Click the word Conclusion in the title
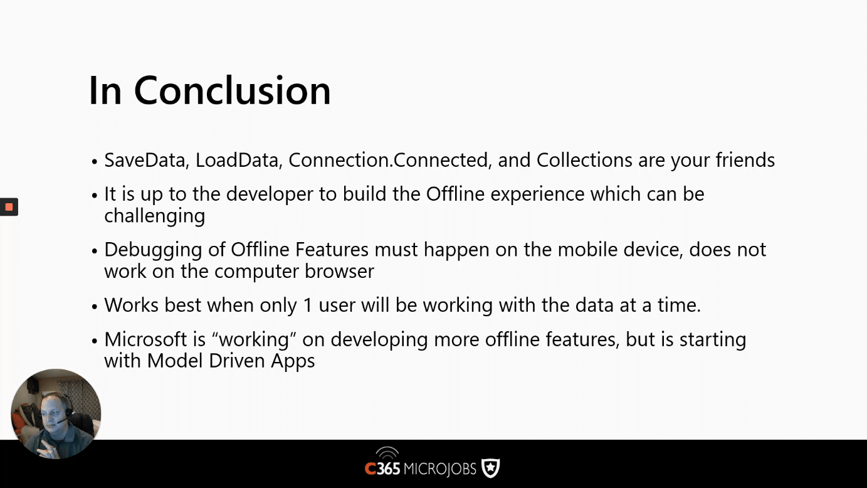click(x=232, y=90)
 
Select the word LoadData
click(x=237, y=159)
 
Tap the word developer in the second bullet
click(x=270, y=194)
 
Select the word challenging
click(x=154, y=216)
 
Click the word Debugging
click(x=153, y=250)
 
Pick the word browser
click(x=339, y=271)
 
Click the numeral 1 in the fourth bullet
click(x=308, y=305)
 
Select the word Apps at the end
click(x=293, y=361)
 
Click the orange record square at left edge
click(x=9, y=207)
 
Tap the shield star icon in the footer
click(x=490, y=469)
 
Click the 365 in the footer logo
click(x=388, y=469)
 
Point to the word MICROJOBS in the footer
click(x=439, y=469)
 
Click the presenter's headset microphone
click(x=61, y=421)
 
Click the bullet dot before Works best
click(x=95, y=307)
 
